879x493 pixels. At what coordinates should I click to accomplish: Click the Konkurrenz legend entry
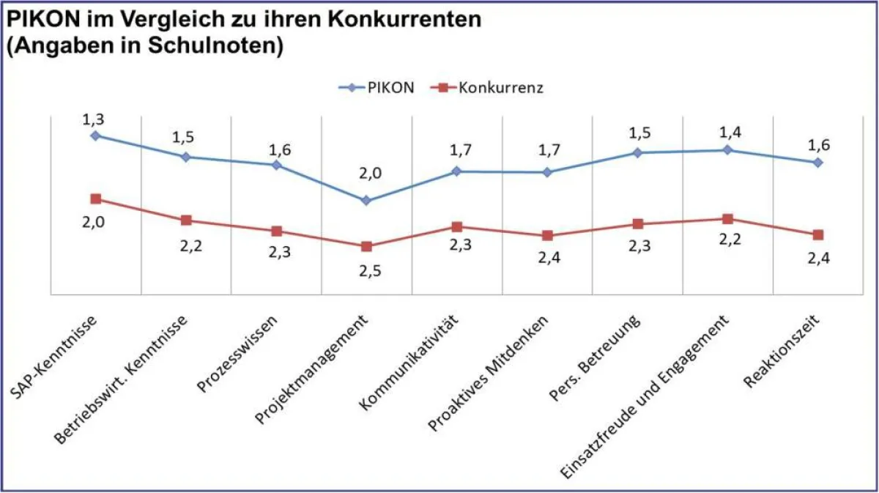[492, 88]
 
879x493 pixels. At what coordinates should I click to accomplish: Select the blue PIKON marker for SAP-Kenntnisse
[95, 136]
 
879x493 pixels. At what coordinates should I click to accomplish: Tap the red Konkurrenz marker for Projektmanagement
[366, 246]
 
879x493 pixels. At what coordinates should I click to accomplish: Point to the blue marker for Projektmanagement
[366, 200]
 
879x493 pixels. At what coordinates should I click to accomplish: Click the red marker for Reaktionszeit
[818, 234]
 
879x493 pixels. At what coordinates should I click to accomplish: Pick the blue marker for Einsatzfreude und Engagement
[727, 150]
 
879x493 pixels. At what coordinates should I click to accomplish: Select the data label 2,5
[367, 270]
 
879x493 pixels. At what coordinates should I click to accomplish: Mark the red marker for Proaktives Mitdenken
[546, 236]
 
